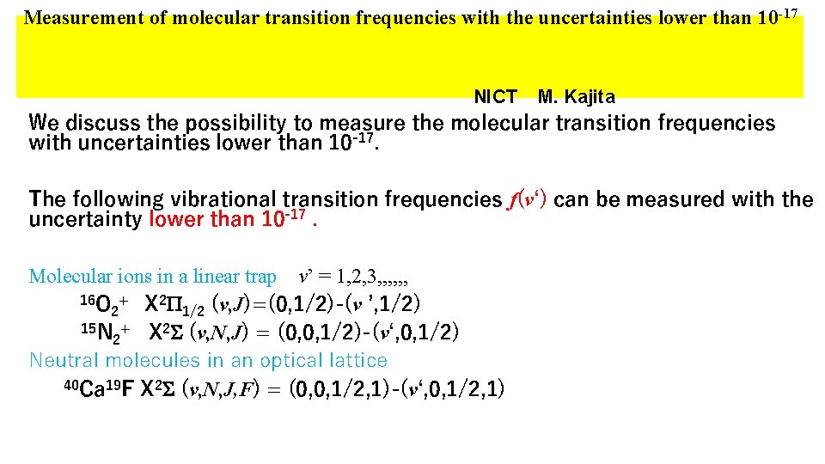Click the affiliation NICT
tap(495, 97)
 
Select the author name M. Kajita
tap(576, 97)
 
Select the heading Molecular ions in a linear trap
tap(152, 277)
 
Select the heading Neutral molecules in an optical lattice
tap(208, 360)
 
